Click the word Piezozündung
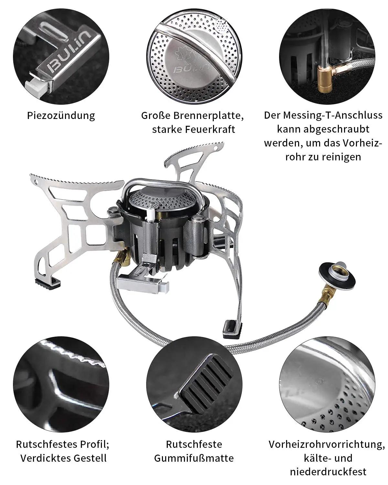61,116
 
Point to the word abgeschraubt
337,129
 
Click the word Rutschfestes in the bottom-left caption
47,444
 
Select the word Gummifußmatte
194,458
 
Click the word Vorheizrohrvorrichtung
327,444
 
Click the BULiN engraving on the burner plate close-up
192,69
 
